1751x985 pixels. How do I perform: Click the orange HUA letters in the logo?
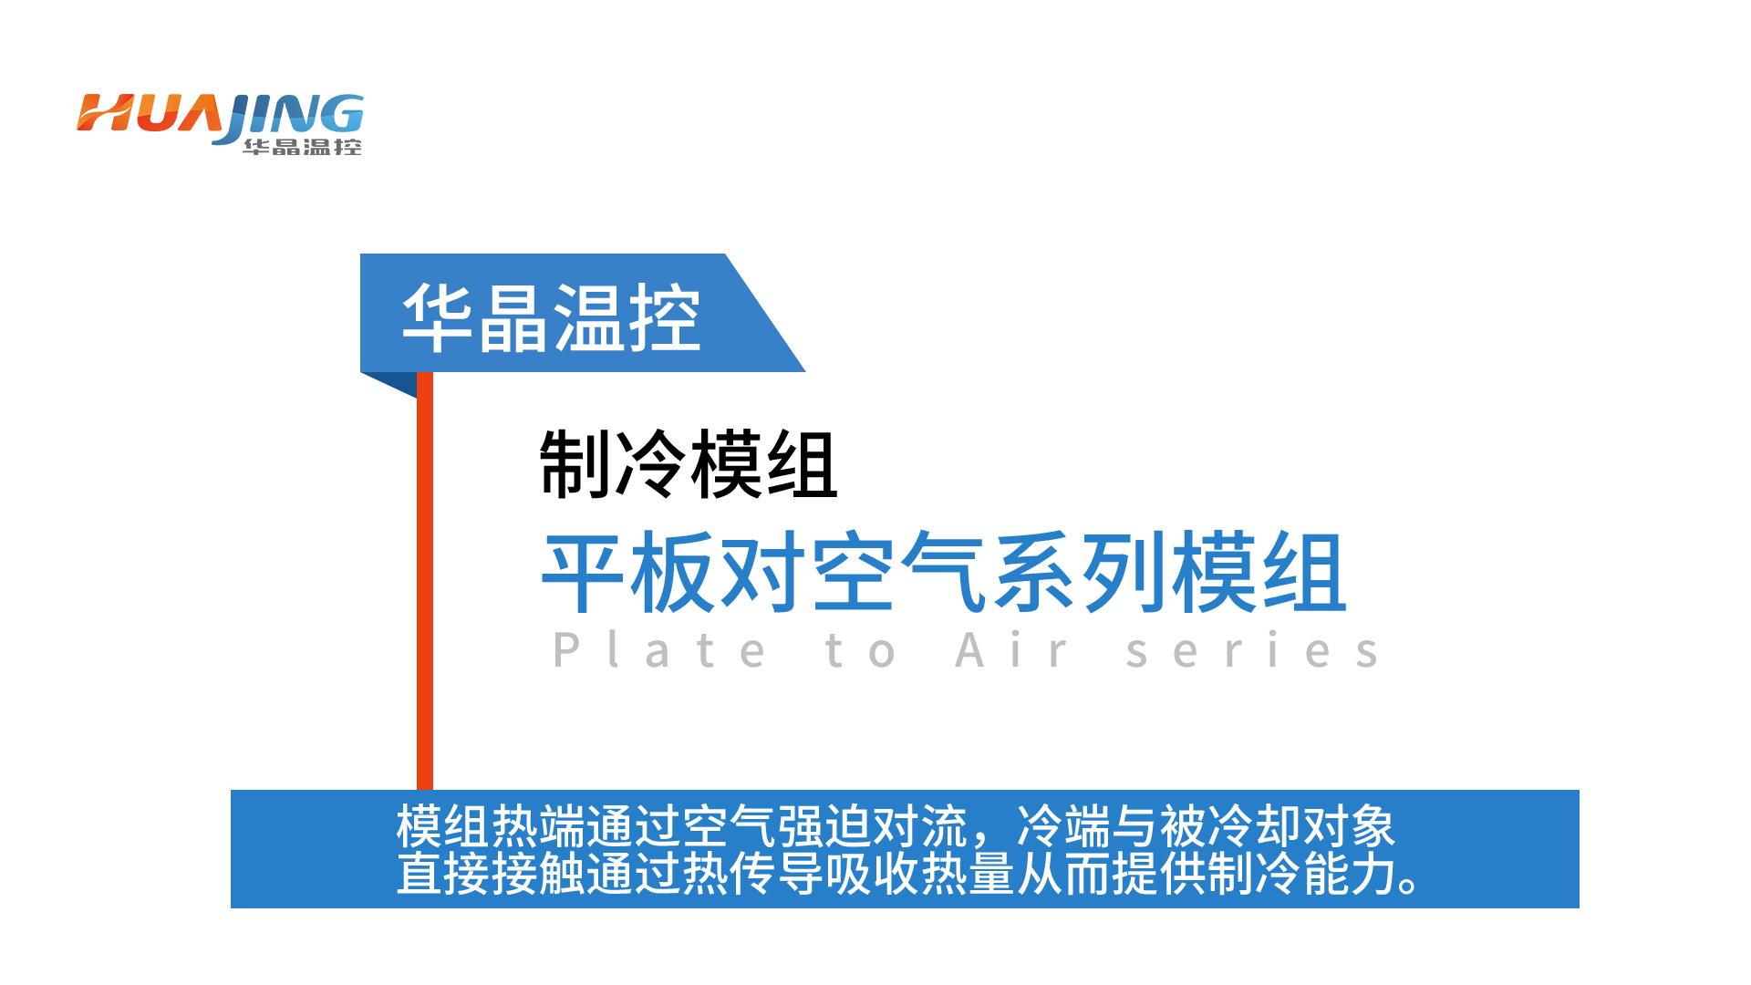pyautogui.click(x=150, y=113)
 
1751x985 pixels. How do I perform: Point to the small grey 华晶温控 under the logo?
pyautogui.click(x=302, y=147)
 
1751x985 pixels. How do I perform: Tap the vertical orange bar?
pyautogui.click(x=425, y=580)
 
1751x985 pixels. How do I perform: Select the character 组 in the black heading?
pyautogui.click(x=802, y=464)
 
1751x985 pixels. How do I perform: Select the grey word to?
pyautogui.click(x=860, y=650)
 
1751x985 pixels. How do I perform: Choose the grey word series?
pyautogui.click(x=1252, y=650)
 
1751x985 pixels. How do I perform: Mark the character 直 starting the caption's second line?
pyautogui.click(x=420, y=873)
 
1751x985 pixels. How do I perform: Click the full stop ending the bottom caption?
pyautogui.click(x=1409, y=885)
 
